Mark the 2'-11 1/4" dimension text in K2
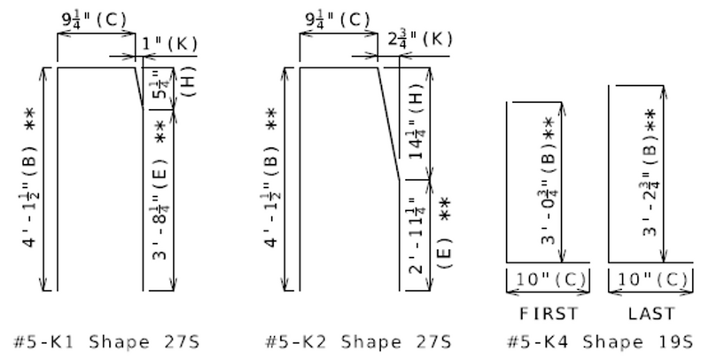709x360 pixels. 415,233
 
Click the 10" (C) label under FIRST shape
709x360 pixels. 549,279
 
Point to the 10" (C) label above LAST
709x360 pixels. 651,279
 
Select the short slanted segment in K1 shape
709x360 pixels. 140,86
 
